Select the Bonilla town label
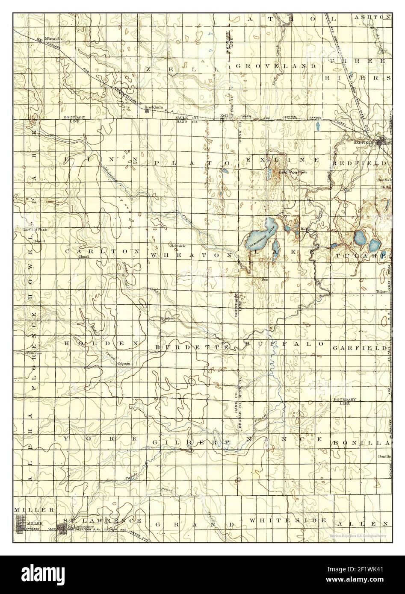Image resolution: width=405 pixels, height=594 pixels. tap(384, 457)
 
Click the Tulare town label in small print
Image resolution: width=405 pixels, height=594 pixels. tap(381, 292)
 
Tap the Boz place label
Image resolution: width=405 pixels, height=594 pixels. tap(264, 279)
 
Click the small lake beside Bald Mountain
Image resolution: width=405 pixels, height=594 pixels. tap(268, 173)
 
